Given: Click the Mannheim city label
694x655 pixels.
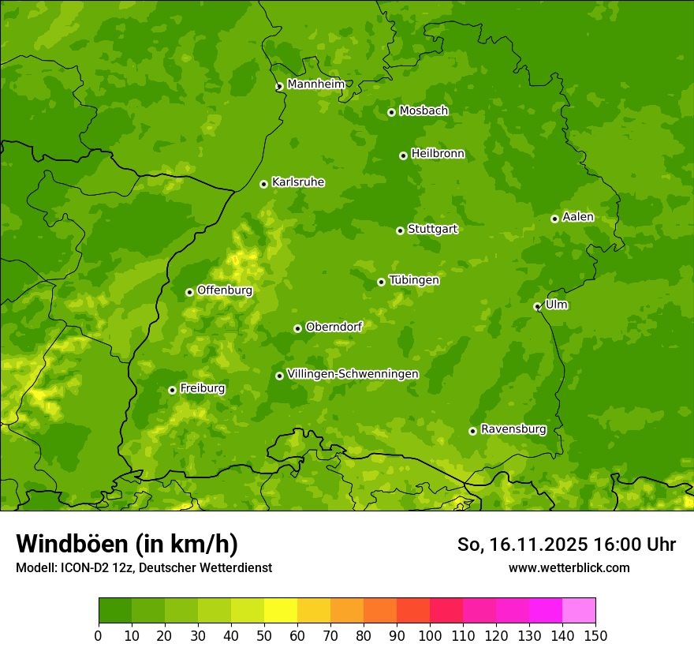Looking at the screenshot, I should tap(315, 84).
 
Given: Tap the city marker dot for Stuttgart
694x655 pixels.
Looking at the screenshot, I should tap(401, 230).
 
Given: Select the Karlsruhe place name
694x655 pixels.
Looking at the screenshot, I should tap(297, 182).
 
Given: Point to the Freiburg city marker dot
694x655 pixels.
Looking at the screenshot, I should tap(172, 390).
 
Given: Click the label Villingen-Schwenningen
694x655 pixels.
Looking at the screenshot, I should tap(353, 374).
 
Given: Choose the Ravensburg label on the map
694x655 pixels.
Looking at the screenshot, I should tap(513, 429).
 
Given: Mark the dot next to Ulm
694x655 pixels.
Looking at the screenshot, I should tap(537, 306).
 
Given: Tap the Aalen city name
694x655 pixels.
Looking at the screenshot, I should tap(577, 217).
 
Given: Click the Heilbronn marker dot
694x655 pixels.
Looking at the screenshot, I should tap(403, 155).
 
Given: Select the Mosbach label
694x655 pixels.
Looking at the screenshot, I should tap(423, 111).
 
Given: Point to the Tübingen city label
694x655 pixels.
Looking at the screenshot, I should tap(413, 280).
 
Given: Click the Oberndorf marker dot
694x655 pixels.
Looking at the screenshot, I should tap(297, 328).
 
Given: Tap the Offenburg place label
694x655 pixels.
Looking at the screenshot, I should tap(224, 290).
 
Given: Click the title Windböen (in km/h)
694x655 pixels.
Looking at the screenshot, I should tap(126, 544).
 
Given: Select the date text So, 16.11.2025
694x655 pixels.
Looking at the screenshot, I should tap(520, 545).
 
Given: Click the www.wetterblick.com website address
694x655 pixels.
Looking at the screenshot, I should tap(569, 567).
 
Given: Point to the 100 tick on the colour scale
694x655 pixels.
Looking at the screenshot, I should tap(430, 634).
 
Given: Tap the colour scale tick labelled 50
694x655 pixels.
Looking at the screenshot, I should tap(264, 634).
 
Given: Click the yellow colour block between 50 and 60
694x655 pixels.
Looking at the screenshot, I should tap(281, 611).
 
